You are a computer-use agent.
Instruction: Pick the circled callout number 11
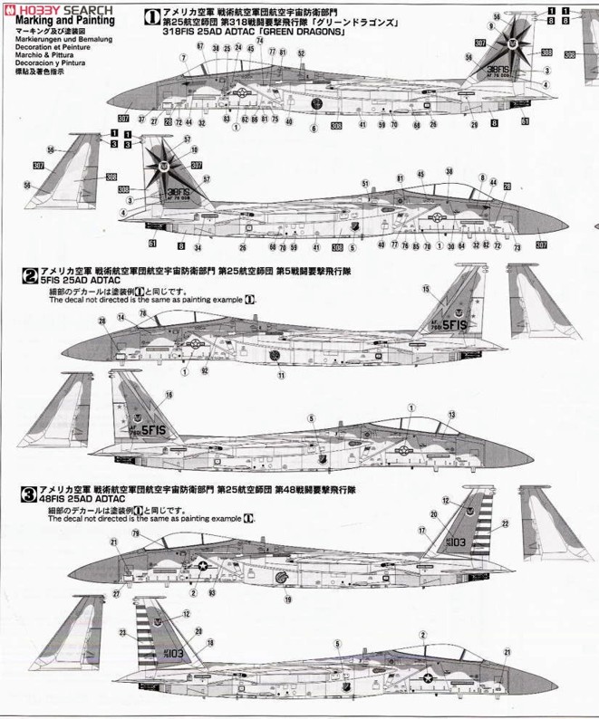(x=281, y=374)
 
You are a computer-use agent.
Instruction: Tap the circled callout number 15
(x=425, y=288)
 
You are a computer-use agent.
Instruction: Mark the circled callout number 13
(x=450, y=414)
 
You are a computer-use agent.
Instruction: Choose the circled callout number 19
(x=288, y=599)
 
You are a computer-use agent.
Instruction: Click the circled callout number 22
(x=505, y=523)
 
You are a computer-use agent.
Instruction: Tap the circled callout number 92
(x=205, y=370)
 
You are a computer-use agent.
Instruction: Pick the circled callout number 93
(x=212, y=592)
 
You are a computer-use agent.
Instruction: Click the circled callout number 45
(x=420, y=174)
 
